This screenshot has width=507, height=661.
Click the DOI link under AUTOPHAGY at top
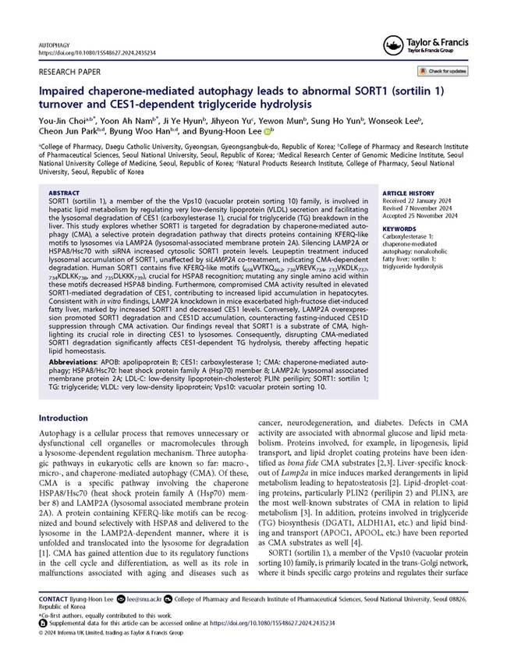tap(90, 52)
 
